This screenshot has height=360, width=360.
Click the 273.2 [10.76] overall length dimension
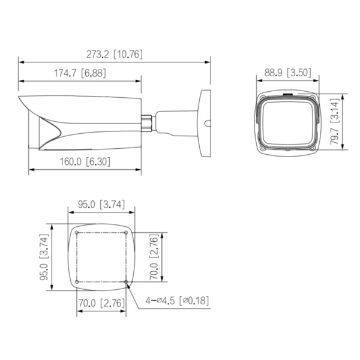pyautogui.click(x=114, y=54)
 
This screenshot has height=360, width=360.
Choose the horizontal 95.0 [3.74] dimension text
pyautogui.click(x=101, y=204)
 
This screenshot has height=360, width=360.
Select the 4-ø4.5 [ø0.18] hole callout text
pyautogui.click(x=178, y=300)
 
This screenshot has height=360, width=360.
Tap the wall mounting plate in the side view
pyautogui.click(x=205, y=123)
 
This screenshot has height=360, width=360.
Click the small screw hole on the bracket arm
pyautogui.click(x=206, y=125)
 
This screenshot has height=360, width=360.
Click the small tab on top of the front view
pyautogui.click(x=287, y=94)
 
